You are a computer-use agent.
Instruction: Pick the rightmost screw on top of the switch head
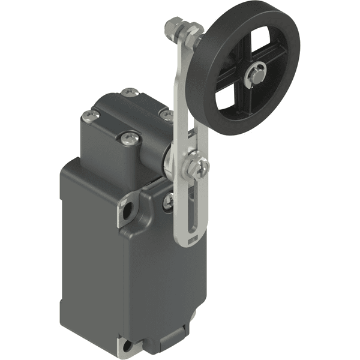tap(165, 113)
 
